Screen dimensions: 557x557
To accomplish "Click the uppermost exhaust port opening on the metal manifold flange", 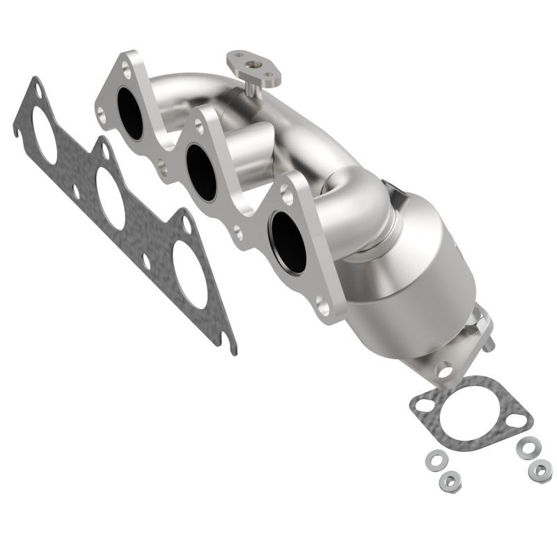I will coord(130,113).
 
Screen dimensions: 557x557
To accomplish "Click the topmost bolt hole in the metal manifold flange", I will coord(125,69).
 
